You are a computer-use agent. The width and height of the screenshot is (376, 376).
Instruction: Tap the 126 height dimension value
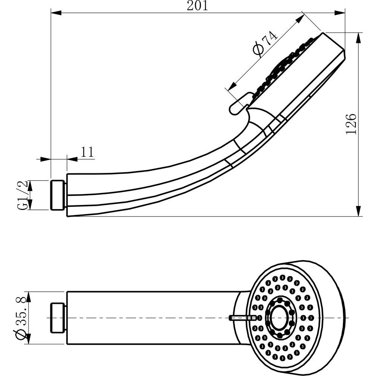coord(350,124)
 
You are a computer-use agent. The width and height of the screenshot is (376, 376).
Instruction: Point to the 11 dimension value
coord(87,152)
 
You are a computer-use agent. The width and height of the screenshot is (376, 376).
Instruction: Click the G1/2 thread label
coord(23,195)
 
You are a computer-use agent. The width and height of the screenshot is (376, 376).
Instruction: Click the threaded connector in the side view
coord(58,195)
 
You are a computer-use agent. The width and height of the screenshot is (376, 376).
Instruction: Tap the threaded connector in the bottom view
coord(58,318)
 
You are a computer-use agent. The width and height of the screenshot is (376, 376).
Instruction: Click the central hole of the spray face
coord(279,316)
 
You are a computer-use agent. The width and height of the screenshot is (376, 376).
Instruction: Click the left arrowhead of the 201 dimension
coord(55,13)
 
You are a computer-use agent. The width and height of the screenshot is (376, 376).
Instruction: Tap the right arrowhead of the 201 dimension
coord(340,13)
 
